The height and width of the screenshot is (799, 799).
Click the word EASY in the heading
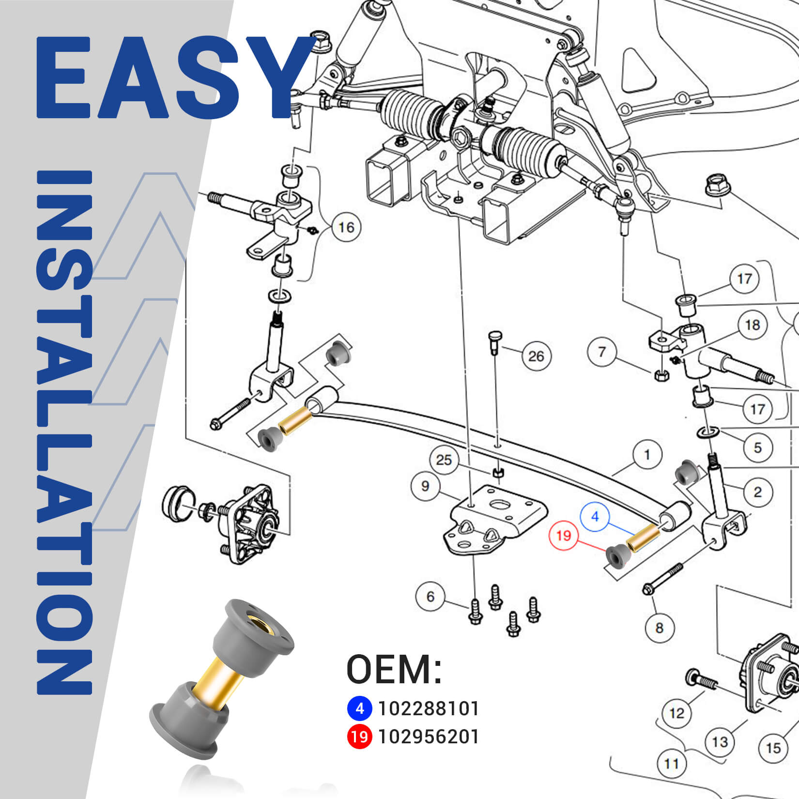pos(174,77)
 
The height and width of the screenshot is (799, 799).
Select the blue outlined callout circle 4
pos(595,517)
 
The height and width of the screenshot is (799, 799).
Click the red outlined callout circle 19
pos(564,536)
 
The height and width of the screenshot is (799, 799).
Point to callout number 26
pos(536,356)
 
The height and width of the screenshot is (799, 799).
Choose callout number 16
pos(346,227)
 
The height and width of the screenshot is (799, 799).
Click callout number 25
pos(444,460)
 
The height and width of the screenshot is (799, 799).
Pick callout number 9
pos(425,486)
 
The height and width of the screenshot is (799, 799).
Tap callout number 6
pos(430,597)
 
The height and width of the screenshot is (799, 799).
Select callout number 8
pos(659,628)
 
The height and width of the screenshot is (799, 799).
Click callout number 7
pos(602,352)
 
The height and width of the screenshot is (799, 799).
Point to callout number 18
pos(752,325)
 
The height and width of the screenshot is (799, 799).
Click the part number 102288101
pos(428,708)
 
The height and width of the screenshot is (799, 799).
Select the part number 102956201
pos(428,737)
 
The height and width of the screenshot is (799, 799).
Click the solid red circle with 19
pos(359,737)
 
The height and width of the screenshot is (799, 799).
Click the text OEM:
pos(394,669)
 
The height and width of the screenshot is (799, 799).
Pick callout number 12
pos(676,713)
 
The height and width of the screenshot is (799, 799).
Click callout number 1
pos(647,455)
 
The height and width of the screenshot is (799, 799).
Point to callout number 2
pos(757,492)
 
